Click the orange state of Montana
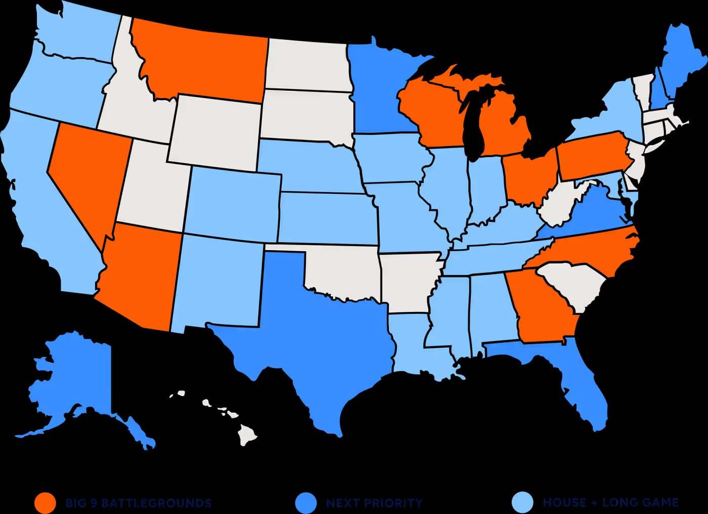(x=202, y=61)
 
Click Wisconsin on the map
(x=430, y=111)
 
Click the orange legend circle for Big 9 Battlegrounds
(x=45, y=503)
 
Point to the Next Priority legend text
(x=374, y=503)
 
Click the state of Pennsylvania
(x=592, y=157)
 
